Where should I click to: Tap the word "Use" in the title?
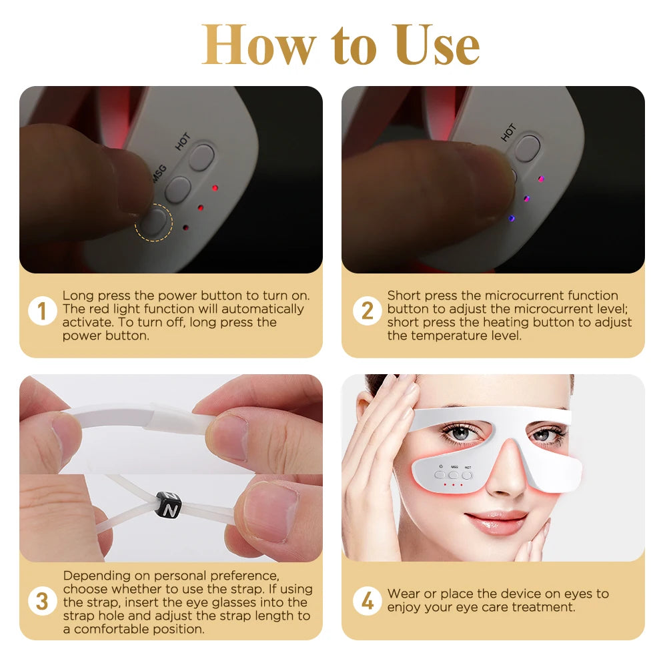[436, 45]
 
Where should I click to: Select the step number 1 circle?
[42, 312]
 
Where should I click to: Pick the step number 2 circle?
[367, 312]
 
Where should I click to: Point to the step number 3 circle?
[42, 602]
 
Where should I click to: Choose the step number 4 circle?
[367, 602]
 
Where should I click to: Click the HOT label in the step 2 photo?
[508, 131]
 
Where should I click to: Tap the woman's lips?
[497, 522]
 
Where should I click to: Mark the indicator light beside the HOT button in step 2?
[541, 179]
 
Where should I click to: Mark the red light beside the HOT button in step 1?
[215, 188]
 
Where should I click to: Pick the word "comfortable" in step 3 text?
[121, 628]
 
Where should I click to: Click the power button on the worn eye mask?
[440, 475]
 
